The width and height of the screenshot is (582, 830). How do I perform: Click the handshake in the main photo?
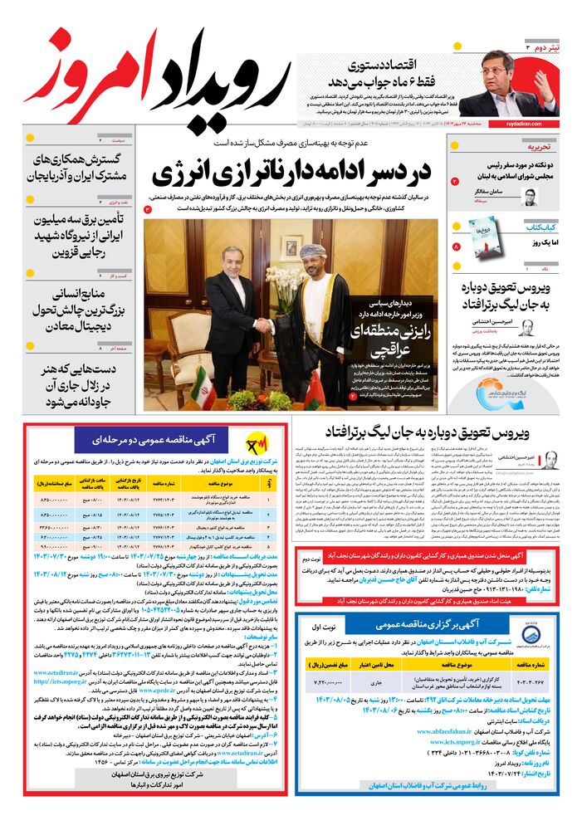264,325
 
